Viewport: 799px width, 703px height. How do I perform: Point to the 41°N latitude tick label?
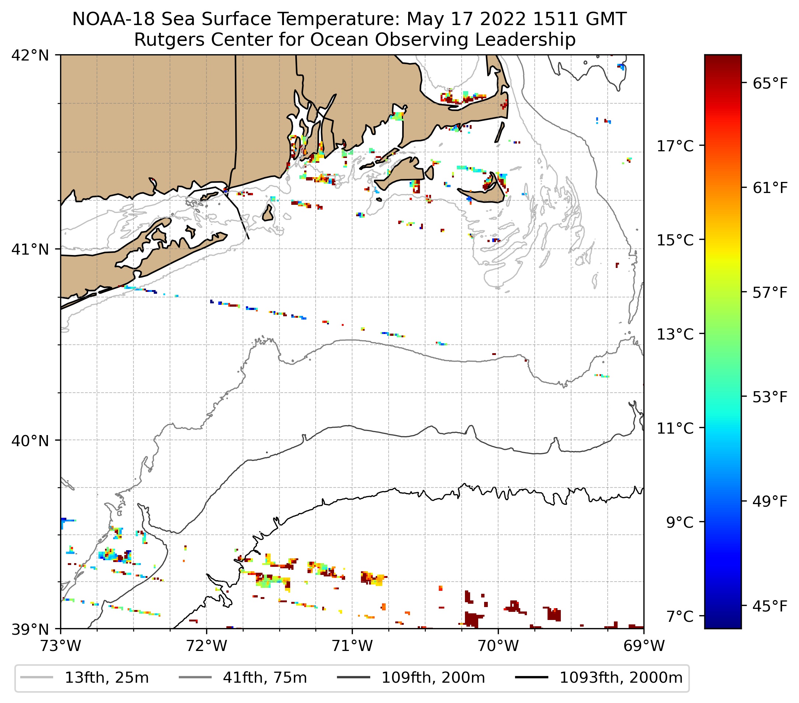pos(30,249)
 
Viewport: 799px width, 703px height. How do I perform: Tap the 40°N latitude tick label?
pos(30,441)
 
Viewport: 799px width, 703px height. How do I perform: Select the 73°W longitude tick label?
pos(61,646)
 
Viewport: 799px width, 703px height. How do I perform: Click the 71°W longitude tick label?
pos(352,646)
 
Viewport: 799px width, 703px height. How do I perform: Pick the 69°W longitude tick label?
pos(644,646)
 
